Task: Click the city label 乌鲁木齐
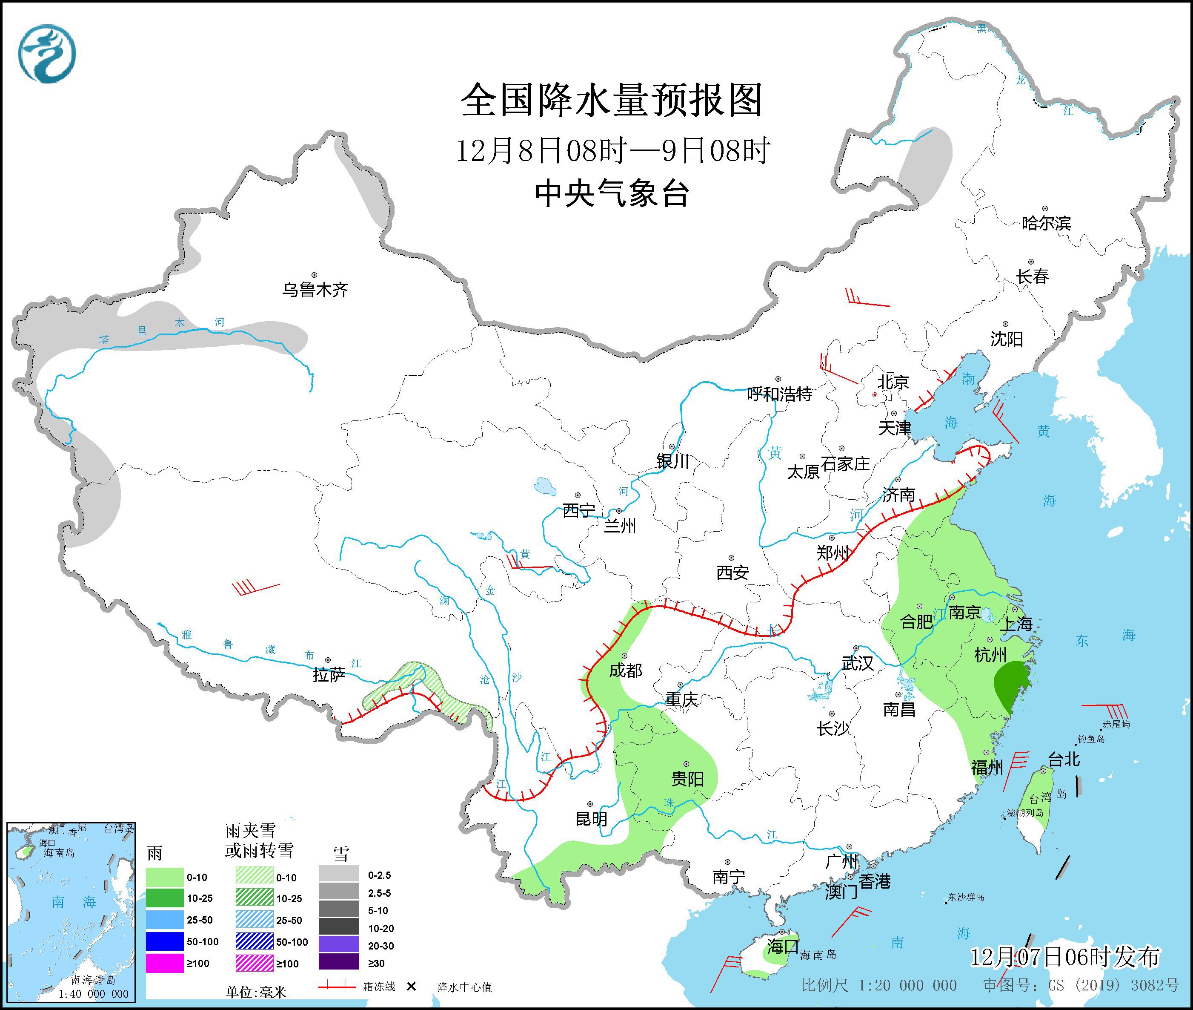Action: click(315, 290)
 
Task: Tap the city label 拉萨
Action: click(329, 675)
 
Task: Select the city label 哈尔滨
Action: click(1046, 223)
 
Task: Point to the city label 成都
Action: click(625, 670)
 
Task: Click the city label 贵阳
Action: click(687, 779)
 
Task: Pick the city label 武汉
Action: click(857, 663)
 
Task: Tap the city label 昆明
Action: click(591, 819)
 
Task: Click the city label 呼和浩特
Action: click(779, 394)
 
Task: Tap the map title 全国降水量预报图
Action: click(612, 100)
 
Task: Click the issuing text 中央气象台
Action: click(612, 193)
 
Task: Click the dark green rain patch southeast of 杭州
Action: click(1013, 684)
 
